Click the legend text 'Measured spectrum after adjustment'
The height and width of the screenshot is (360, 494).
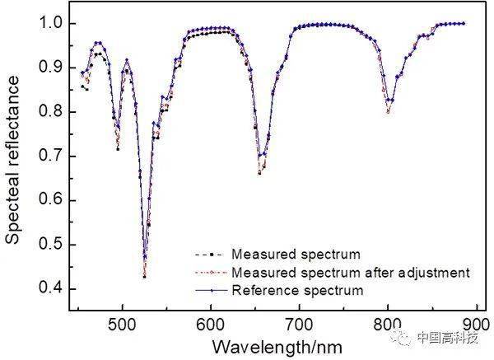[x=351, y=272]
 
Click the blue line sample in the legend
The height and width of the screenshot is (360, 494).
[x=212, y=290]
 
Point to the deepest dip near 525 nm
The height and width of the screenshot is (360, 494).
[x=145, y=276]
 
